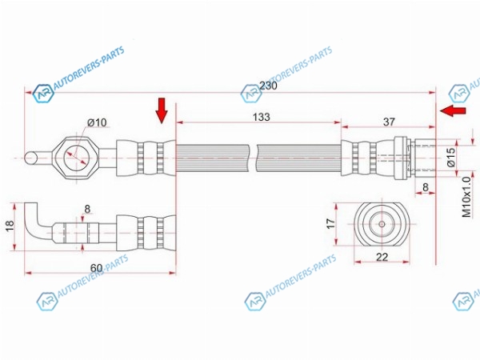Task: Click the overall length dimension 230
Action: [268, 86]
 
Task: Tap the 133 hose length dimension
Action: [262, 117]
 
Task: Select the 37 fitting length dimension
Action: [389, 122]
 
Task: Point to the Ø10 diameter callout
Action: [97, 122]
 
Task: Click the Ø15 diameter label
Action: [451, 157]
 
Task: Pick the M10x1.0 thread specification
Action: [466, 197]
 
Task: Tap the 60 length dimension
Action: [96, 268]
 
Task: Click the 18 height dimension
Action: [10, 226]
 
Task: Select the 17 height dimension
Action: [331, 223]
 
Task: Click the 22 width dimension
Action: [382, 257]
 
